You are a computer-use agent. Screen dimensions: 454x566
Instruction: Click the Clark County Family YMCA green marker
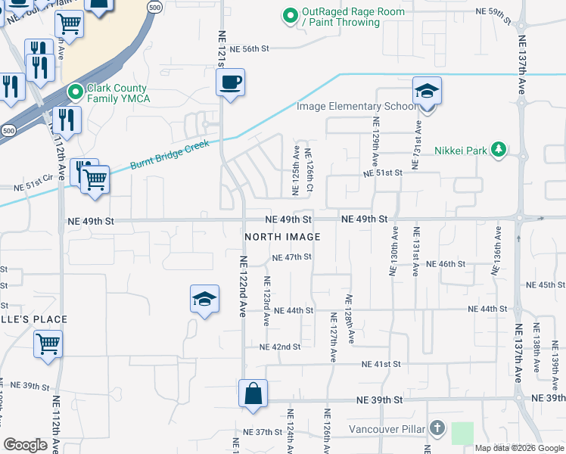(x=75, y=92)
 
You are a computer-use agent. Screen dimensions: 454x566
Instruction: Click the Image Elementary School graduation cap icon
(x=427, y=92)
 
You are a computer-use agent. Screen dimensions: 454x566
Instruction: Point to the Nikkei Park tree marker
(x=498, y=149)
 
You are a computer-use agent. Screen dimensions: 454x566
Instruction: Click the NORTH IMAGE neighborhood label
(x=282, y=237)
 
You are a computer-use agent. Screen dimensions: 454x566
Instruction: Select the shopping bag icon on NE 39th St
(x=253, y=393)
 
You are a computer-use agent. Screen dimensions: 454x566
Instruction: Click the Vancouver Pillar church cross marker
(x=437, y=429)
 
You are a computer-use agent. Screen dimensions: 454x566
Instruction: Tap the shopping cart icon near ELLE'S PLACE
(x=48, y=344)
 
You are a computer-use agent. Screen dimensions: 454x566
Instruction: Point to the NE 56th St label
(x=250, y=48)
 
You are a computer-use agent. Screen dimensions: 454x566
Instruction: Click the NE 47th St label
(x=291, y=257)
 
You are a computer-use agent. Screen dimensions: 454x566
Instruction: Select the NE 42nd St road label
(x=280, y=347)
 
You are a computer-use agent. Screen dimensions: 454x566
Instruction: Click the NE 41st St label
(x=381, y=364)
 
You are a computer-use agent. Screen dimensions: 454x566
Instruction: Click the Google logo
(x=26, y=445)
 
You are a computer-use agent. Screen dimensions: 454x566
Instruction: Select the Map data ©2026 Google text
(x=518, y=448)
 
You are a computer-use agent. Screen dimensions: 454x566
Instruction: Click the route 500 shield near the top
(x=154, y=7)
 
